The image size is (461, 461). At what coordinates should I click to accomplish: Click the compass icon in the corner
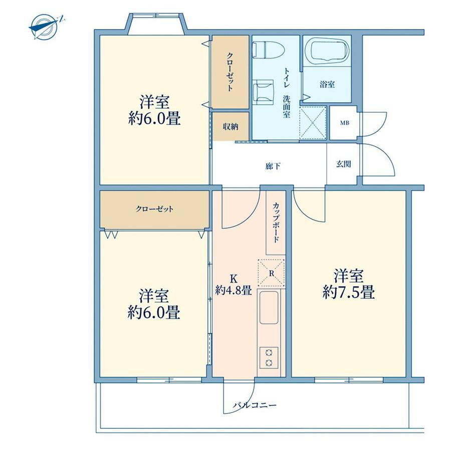[x=44, y=27]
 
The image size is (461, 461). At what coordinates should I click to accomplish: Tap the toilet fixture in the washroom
[x=269, y=49]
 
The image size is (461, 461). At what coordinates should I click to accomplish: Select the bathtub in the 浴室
[x=327, y=50]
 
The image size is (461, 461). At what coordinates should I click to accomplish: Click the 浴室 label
[x=327, y=84]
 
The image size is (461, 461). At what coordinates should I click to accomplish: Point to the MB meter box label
[x=345, y=123]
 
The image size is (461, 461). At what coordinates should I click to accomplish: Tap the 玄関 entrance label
[x=343, y=164]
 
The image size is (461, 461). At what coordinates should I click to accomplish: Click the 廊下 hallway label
[x=273, y=166]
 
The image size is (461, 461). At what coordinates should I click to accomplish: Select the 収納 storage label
[x=231, y=127]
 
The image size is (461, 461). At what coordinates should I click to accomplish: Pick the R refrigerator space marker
[x=272, y=273]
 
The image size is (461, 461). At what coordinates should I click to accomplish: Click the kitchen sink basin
[x=269, y=308]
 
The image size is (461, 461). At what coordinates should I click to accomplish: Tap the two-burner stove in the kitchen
[x=269, y=357]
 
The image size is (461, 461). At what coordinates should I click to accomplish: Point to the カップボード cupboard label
[x=276, y=222]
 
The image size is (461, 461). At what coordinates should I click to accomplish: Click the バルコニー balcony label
[x=255, y=405]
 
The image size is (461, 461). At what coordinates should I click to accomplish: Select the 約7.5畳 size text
[x=348, y=293]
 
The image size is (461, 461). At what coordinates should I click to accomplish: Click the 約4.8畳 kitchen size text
[x=234, y=290]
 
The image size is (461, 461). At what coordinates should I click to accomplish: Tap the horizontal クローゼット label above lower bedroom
[x=154, y=209]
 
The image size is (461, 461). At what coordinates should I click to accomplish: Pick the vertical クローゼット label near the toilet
[x=230, y=72]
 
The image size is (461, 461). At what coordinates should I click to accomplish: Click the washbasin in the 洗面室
[x=263, y=92]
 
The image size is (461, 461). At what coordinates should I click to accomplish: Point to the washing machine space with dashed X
[x=313, y=122]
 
